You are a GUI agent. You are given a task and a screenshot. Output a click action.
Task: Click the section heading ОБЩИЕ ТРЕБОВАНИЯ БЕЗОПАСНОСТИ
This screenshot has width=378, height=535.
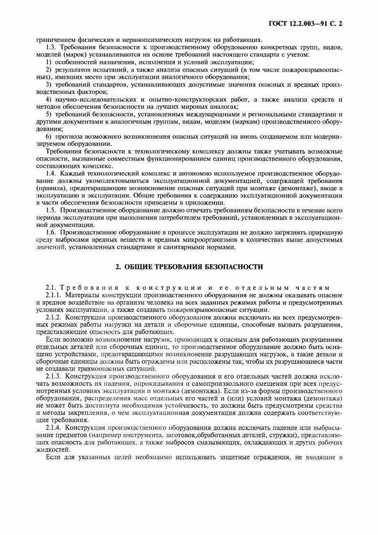coord(189,267)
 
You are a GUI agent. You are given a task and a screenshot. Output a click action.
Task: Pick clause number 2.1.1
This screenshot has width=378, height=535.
coord(53,296)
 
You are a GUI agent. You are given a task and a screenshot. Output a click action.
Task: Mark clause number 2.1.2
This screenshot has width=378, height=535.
coord(53,317)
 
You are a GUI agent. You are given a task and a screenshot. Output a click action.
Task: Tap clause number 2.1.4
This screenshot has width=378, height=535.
coord(53,427)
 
